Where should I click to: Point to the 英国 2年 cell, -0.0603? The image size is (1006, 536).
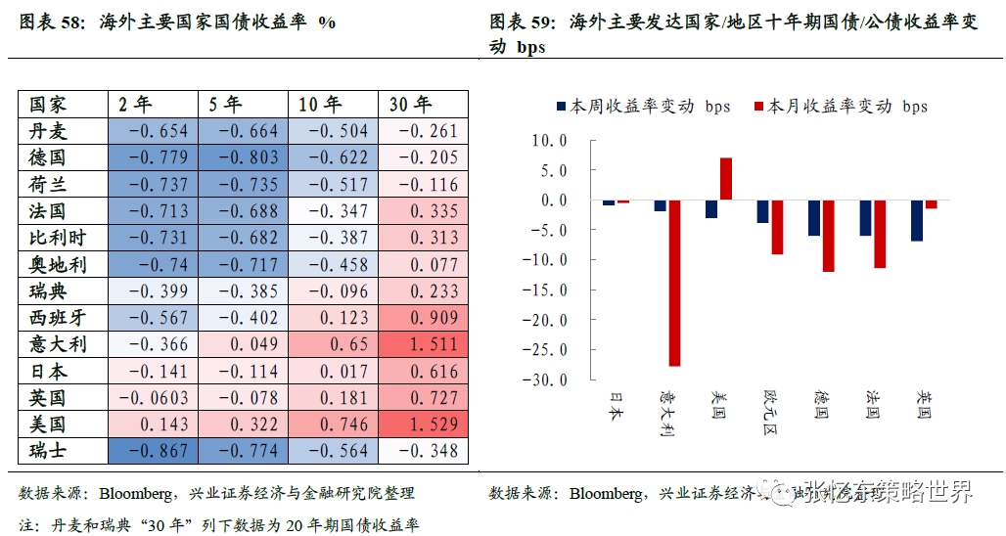click(x=151, y=398)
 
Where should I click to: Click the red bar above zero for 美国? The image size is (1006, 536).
click(x=726, y=178)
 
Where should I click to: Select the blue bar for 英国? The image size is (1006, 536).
click(x=917, y=220)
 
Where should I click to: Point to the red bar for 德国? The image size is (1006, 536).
click(x=828, y=236)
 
